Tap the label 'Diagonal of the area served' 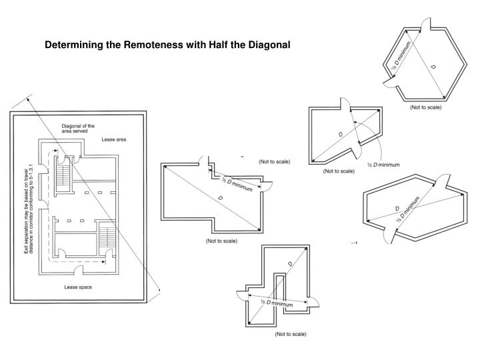point(78,128)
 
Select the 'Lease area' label point(113,140)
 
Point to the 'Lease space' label point(78,287)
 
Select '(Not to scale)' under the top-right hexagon point(425,107)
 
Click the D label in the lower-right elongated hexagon point(397,208)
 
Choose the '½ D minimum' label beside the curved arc point(383,165)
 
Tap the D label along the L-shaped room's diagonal point(219,199)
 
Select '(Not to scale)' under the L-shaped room point(221,240)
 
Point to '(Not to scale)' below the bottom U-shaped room point(290,333)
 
